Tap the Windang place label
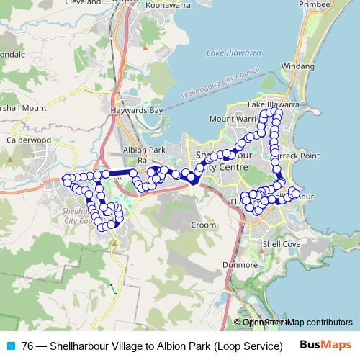(x=298, y=66)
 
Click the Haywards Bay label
(x=137, y=111)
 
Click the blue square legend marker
(x=9, y=346)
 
